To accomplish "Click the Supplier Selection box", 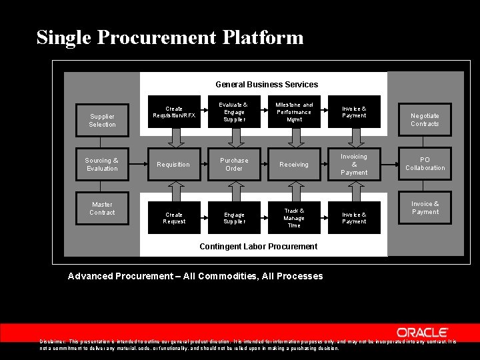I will [102, 120].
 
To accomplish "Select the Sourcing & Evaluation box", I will [102, 164].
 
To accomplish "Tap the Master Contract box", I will [102, 208].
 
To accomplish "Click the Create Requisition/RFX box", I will [174, 111].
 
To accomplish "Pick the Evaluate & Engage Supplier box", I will [234, 111].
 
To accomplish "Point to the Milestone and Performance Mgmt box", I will [294, 111].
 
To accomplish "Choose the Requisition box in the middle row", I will [173, 164].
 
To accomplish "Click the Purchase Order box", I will [234, 164].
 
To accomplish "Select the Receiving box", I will [294, 164].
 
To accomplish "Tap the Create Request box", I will [174, 217].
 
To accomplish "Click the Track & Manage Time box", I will [294, 217].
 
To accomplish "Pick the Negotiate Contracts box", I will [425, 120].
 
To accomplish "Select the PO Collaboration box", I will [425, 164].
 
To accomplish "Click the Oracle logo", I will [423, 332].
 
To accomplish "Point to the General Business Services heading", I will [267, 85].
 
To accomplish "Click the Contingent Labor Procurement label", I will [259, 247].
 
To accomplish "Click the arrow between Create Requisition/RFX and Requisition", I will [176, 137].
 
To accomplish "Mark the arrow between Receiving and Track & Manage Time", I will [294, 191].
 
